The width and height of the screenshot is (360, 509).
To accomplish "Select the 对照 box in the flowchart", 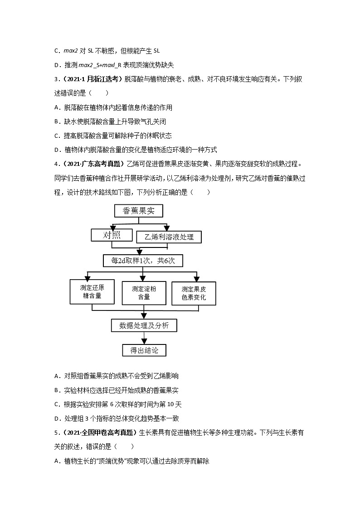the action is point(112,235).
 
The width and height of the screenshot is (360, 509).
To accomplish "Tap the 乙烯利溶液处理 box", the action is point(169,237).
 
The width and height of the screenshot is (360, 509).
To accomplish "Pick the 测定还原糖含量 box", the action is point(92,291).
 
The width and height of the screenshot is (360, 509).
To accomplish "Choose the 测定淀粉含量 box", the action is point(144,293).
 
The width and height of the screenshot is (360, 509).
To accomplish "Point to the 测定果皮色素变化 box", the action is point(194,293).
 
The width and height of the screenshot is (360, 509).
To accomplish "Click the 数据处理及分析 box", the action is point(144,325).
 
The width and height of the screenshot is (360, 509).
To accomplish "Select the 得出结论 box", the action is point(144,350).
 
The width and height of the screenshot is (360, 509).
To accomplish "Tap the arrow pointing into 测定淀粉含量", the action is point(144,277).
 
